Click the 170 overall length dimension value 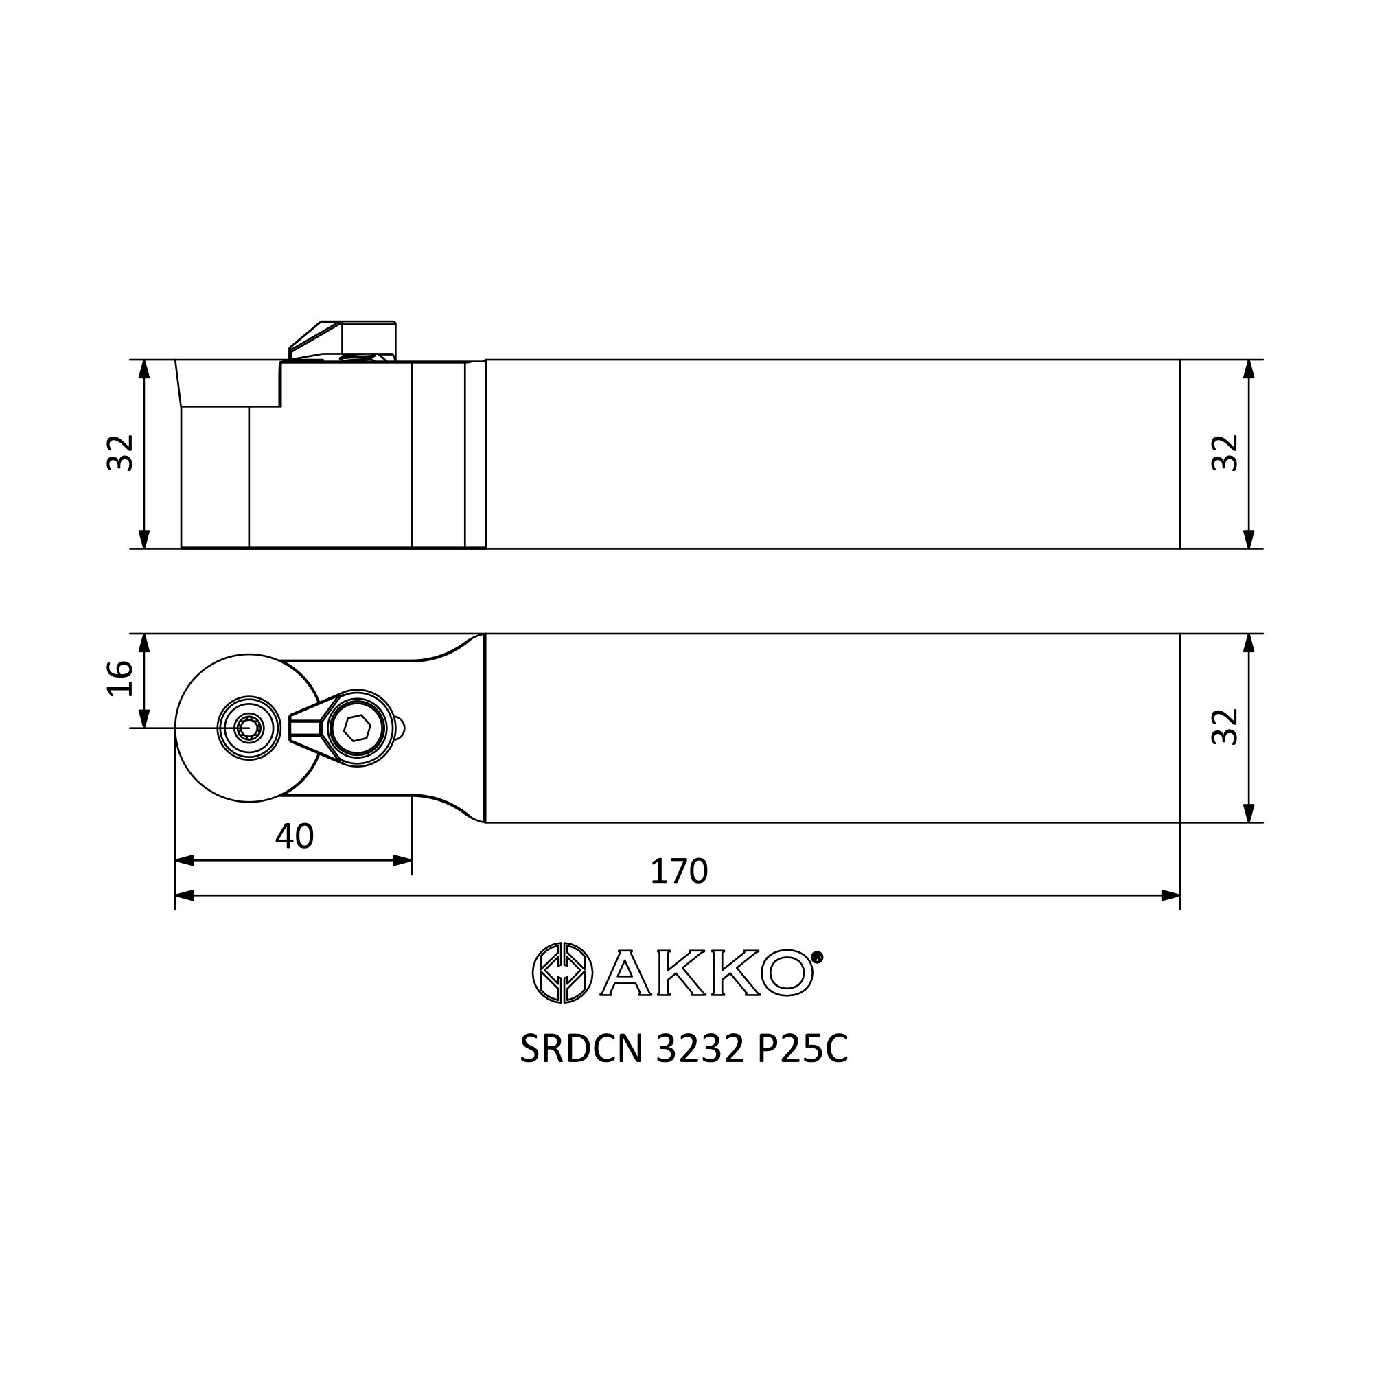click(x=679, y=871)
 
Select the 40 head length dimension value click(x=295, y=836)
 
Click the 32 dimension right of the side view click(x=1225, y=452)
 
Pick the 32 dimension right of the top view click(x=1225, y=726)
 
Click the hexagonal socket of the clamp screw click(x=356, y=728)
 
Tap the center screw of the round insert click(x=249, y=728)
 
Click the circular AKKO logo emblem click(x=562, y=973)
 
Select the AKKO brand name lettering click(x=707, y=973)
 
